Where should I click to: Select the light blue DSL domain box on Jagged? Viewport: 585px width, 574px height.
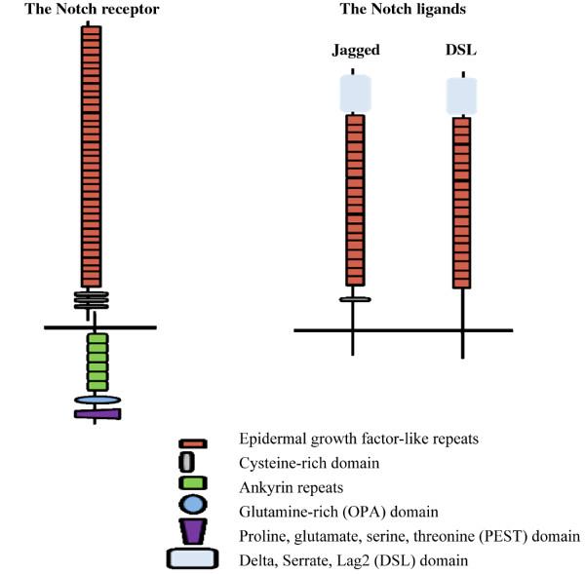tap(356, 94)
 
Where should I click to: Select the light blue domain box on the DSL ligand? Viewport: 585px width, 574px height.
tap(461, 96)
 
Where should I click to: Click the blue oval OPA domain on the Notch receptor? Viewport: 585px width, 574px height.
tap(97, 400)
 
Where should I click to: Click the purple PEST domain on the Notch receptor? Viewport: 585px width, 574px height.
tap(97, 414)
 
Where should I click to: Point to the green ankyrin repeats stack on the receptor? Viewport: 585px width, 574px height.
tap(97, 360)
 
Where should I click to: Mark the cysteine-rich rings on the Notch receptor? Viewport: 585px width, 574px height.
tap(91, 299)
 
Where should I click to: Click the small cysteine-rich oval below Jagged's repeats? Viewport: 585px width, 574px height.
tap(355, 299)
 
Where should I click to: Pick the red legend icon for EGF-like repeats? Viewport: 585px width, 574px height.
tap(192, 442)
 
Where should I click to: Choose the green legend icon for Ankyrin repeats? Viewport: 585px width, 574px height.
tap(192, 481)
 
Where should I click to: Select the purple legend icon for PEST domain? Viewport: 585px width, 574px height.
tap(192, 531)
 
